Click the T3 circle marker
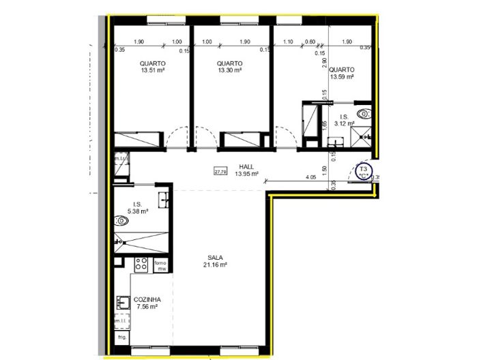click(x=364, y=170)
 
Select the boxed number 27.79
click(x=220, y=172)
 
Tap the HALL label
click(x=246, y=166)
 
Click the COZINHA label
click(x=147, y=299)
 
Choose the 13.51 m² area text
click(x=153, y=70)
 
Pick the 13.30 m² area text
click(x=230, y=70)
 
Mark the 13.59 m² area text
click(x=341, y=77)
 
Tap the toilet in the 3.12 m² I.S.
click(x=364, y=114)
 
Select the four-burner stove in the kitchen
click(x=142, y=263)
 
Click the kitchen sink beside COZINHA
click(x=123, y=302)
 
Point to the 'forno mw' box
click(x=161, y=266)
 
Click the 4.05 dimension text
click(x=310, y=177)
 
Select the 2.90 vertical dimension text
click(x=325, y=63)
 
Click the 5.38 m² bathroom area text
click(x=137, y=211)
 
